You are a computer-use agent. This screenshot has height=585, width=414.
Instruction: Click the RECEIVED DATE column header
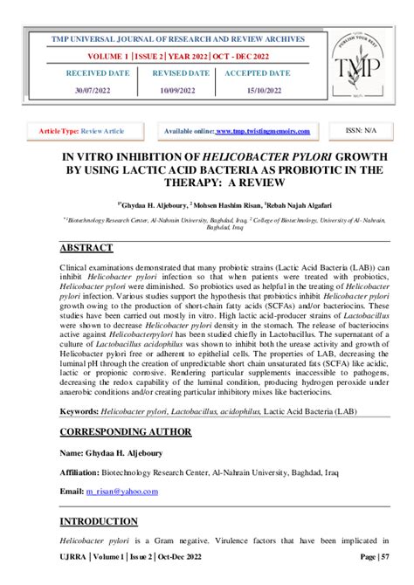point(97,73)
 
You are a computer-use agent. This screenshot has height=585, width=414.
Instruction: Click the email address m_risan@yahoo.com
point(121,491)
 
